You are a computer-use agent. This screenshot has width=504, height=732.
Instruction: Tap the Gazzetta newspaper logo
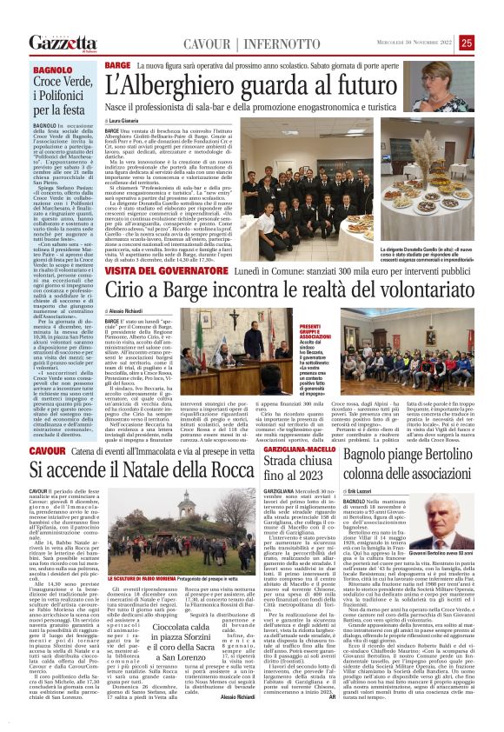click(62, 43)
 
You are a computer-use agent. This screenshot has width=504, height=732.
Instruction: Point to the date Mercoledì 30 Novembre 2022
click(409, 43)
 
